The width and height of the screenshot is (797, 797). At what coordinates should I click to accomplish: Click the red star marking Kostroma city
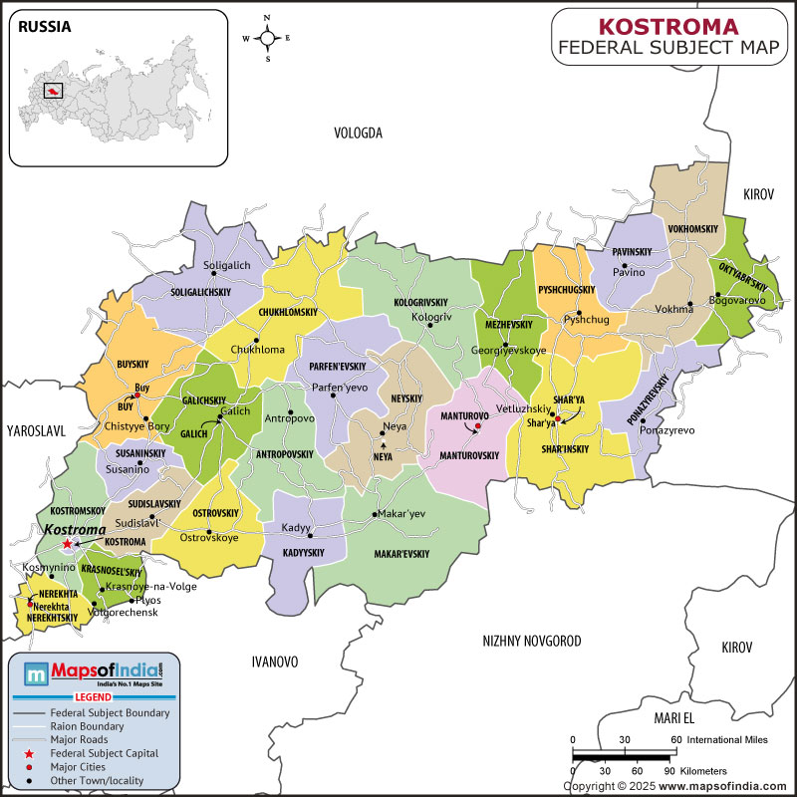click(x=68, y=544)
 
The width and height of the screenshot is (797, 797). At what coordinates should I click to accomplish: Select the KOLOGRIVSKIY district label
click(x=420, y=302)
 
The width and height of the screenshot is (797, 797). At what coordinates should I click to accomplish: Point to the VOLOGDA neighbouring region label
click(x=358, y=133)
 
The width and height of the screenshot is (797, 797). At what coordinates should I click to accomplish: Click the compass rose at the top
click(x=267, y=38)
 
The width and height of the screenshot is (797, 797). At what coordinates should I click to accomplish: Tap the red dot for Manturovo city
click(x=477, y=426)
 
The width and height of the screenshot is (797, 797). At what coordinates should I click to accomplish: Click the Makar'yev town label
click(x=398, y=514)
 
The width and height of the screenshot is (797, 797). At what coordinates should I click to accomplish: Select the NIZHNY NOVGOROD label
click(x=531, y=642)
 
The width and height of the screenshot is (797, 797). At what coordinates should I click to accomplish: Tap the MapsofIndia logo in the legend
click(x=95, y=676)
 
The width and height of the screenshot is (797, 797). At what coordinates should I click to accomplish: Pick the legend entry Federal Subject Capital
click(x=113, y=754)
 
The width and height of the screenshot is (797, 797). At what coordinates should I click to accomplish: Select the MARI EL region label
click(x=672, y=718)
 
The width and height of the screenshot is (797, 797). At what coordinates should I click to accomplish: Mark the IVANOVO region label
click(x=275, y=662)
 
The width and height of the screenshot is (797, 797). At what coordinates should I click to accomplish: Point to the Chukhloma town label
click(x=257, y=350)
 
